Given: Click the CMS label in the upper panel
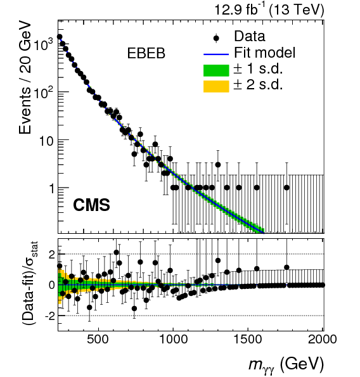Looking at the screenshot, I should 91,205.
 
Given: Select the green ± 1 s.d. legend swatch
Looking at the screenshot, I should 215,69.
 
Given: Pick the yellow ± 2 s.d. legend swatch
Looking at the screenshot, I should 215,85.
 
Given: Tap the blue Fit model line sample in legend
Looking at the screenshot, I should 215,53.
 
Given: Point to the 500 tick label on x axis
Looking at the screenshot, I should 98,338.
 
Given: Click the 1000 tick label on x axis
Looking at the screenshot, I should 173,338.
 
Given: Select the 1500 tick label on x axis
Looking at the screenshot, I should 248,338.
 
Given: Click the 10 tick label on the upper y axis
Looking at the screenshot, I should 46,140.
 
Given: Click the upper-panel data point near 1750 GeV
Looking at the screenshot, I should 286,188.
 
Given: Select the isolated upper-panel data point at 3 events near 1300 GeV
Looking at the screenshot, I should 218,165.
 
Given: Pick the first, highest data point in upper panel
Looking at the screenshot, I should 60,37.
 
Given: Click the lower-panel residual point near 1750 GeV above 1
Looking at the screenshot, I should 286,267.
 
